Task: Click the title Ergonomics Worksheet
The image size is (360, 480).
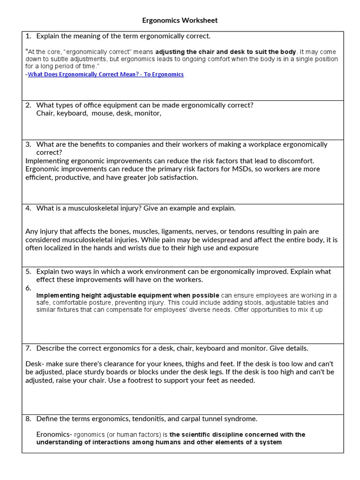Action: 180,21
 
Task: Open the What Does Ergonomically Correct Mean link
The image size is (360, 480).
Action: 105,75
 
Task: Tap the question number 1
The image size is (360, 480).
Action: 28,36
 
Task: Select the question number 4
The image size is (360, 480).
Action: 28,208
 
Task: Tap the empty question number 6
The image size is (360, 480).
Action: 28,288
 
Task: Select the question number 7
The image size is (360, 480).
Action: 28,348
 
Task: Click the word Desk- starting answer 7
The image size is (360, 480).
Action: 34,364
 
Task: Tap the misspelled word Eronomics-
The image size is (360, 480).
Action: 54,435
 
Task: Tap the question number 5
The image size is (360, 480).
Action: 28,271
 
